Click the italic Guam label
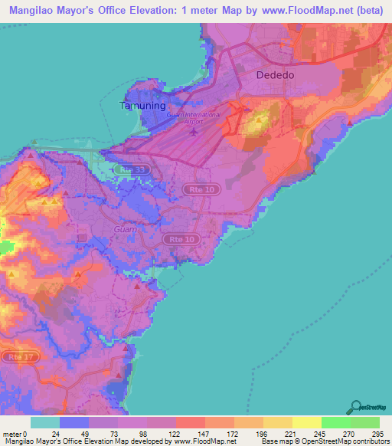coord(125,229)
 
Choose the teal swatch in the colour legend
coord(45,422)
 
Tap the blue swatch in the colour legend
coord(74,422)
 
